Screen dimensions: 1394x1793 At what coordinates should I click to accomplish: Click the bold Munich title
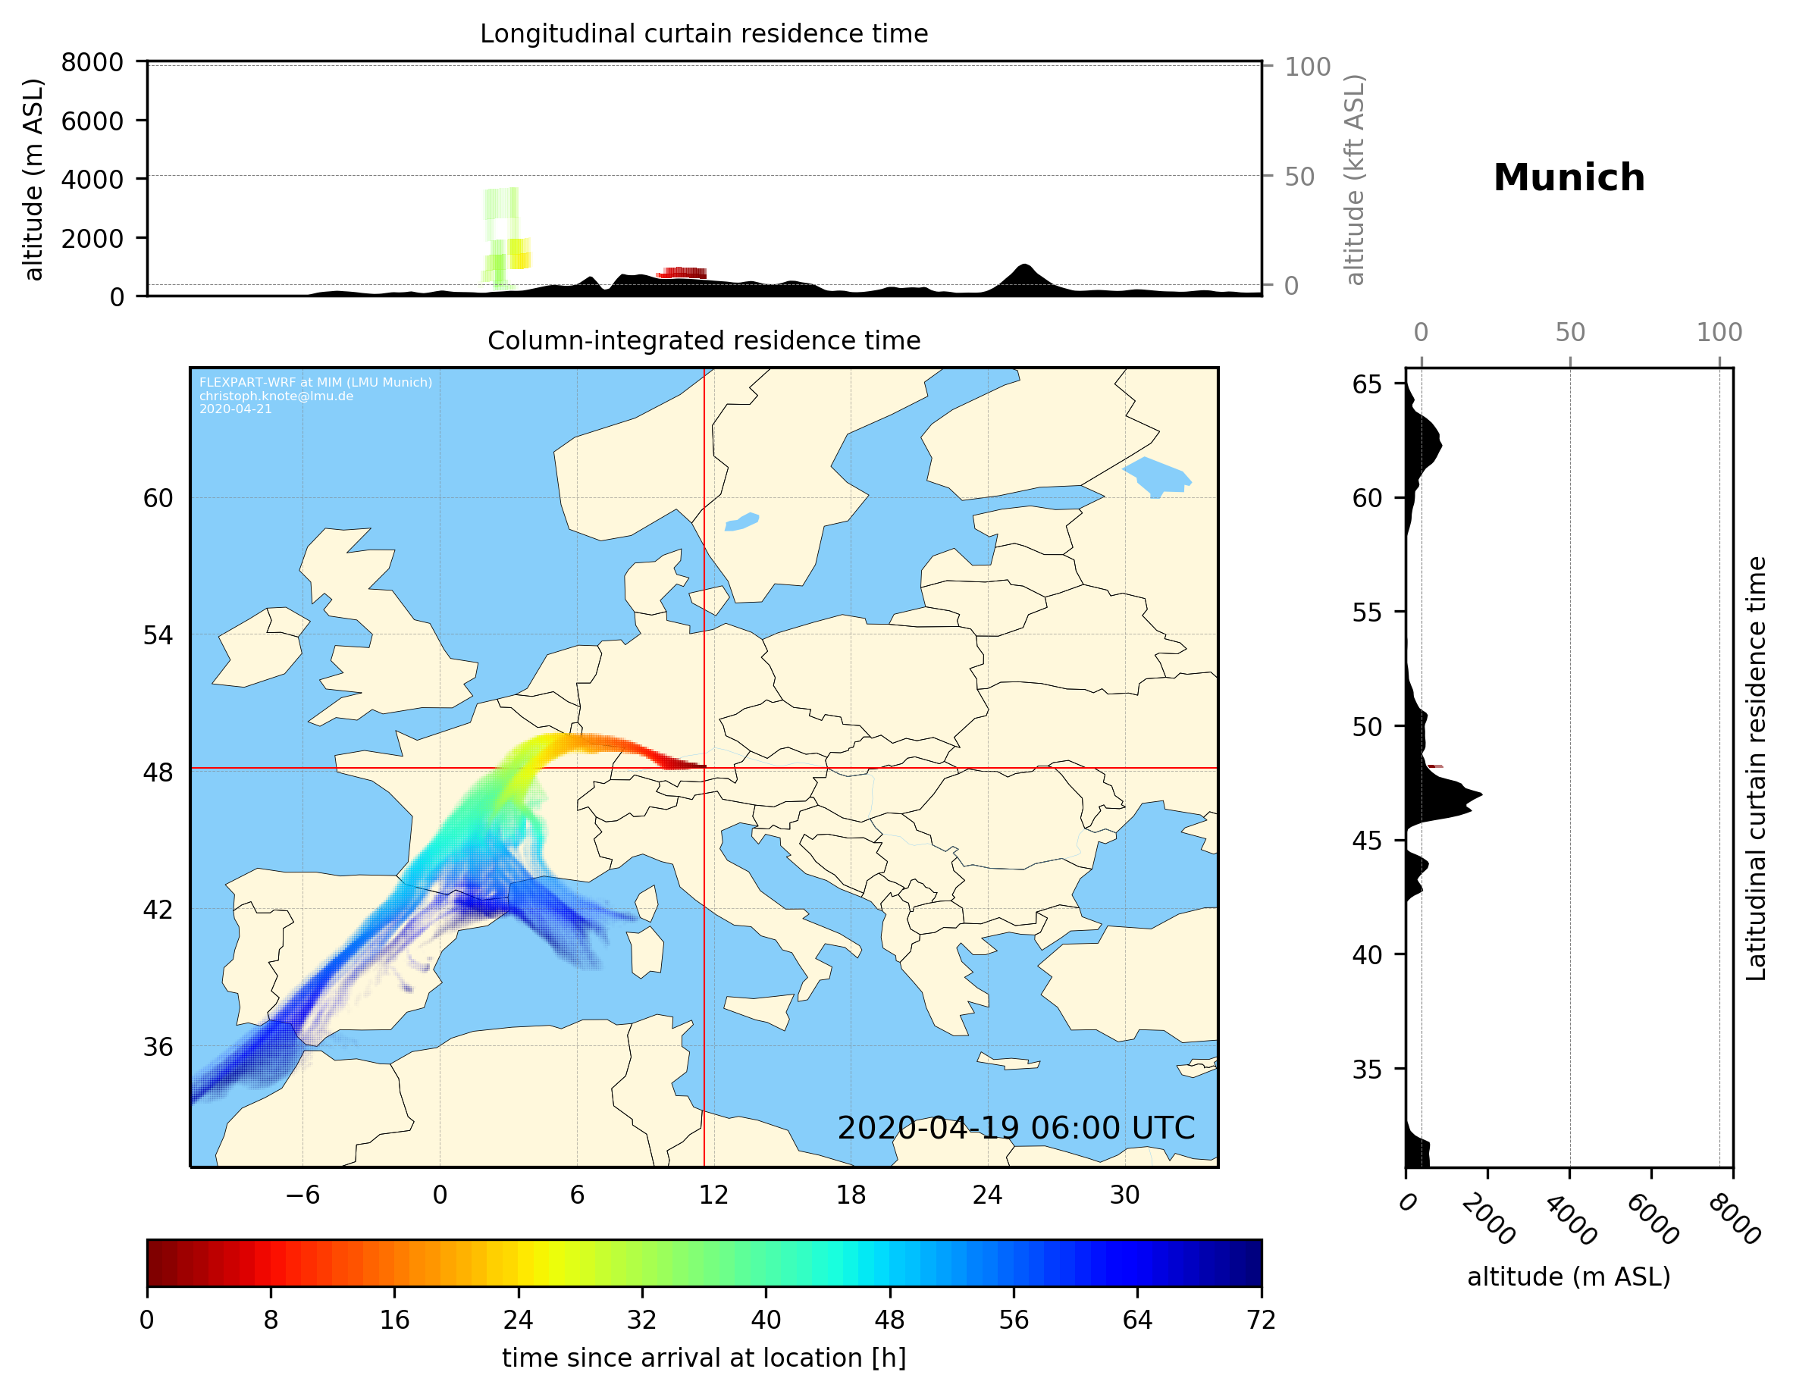point(1568,178)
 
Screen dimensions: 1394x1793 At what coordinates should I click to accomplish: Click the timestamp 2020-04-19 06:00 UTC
point(1016,1128)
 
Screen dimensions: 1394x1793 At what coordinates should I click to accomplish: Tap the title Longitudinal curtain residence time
point(704,33)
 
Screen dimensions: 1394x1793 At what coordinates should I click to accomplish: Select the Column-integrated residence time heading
point(704,340)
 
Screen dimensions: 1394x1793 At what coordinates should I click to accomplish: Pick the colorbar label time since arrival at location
point(704,1358)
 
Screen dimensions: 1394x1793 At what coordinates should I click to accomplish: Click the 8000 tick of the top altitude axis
point(92,62)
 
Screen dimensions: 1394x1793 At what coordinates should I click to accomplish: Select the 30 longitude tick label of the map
point(1124,1195)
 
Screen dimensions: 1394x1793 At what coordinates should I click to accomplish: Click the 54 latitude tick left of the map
point(158,635)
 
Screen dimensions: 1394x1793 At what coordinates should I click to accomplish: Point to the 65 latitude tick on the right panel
point(1367,384)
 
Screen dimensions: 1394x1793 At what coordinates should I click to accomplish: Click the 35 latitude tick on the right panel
point(1367,1069)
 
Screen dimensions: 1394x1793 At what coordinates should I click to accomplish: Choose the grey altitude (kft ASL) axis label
point(1355,180)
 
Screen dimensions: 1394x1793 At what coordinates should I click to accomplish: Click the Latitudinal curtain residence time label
point(1755,769)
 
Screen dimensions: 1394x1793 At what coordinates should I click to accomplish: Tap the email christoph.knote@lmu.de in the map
point(276,396)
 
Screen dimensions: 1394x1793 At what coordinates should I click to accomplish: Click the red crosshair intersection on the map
point(704,769)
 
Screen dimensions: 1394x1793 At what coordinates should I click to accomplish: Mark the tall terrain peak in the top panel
point(1023,268)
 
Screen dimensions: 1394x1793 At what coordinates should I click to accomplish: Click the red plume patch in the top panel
point(682,274)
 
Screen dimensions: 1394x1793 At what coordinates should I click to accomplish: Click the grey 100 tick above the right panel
point(1719,333)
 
